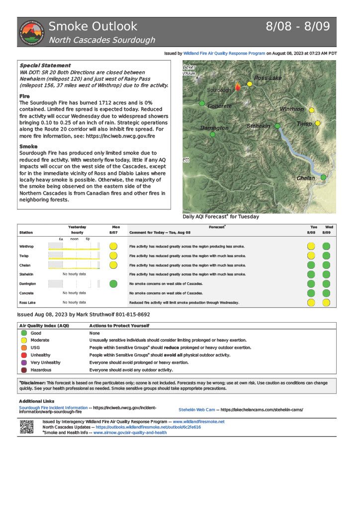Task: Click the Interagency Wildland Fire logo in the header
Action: point(31,32)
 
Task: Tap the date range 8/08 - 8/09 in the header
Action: point(298,27)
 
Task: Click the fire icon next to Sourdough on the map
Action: point(238,86)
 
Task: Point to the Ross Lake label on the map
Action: point(268,78)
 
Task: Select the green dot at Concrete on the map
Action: point(202,103)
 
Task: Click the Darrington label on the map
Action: point(214,128)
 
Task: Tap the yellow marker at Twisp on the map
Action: point(318,123)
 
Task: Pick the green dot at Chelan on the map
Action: point(323,177)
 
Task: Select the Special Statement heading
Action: point(45,66)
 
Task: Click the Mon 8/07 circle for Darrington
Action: point(113,283)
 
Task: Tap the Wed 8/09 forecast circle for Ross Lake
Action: point(326,302)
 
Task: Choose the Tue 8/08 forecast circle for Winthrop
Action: point(311,246)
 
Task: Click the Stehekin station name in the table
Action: point(27,274)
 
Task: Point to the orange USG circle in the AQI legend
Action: point(24,347)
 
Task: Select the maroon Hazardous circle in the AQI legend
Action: point(24,370)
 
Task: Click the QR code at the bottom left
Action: point(26,427)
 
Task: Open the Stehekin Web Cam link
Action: point(197,410)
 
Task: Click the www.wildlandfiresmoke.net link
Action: point(198,422)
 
